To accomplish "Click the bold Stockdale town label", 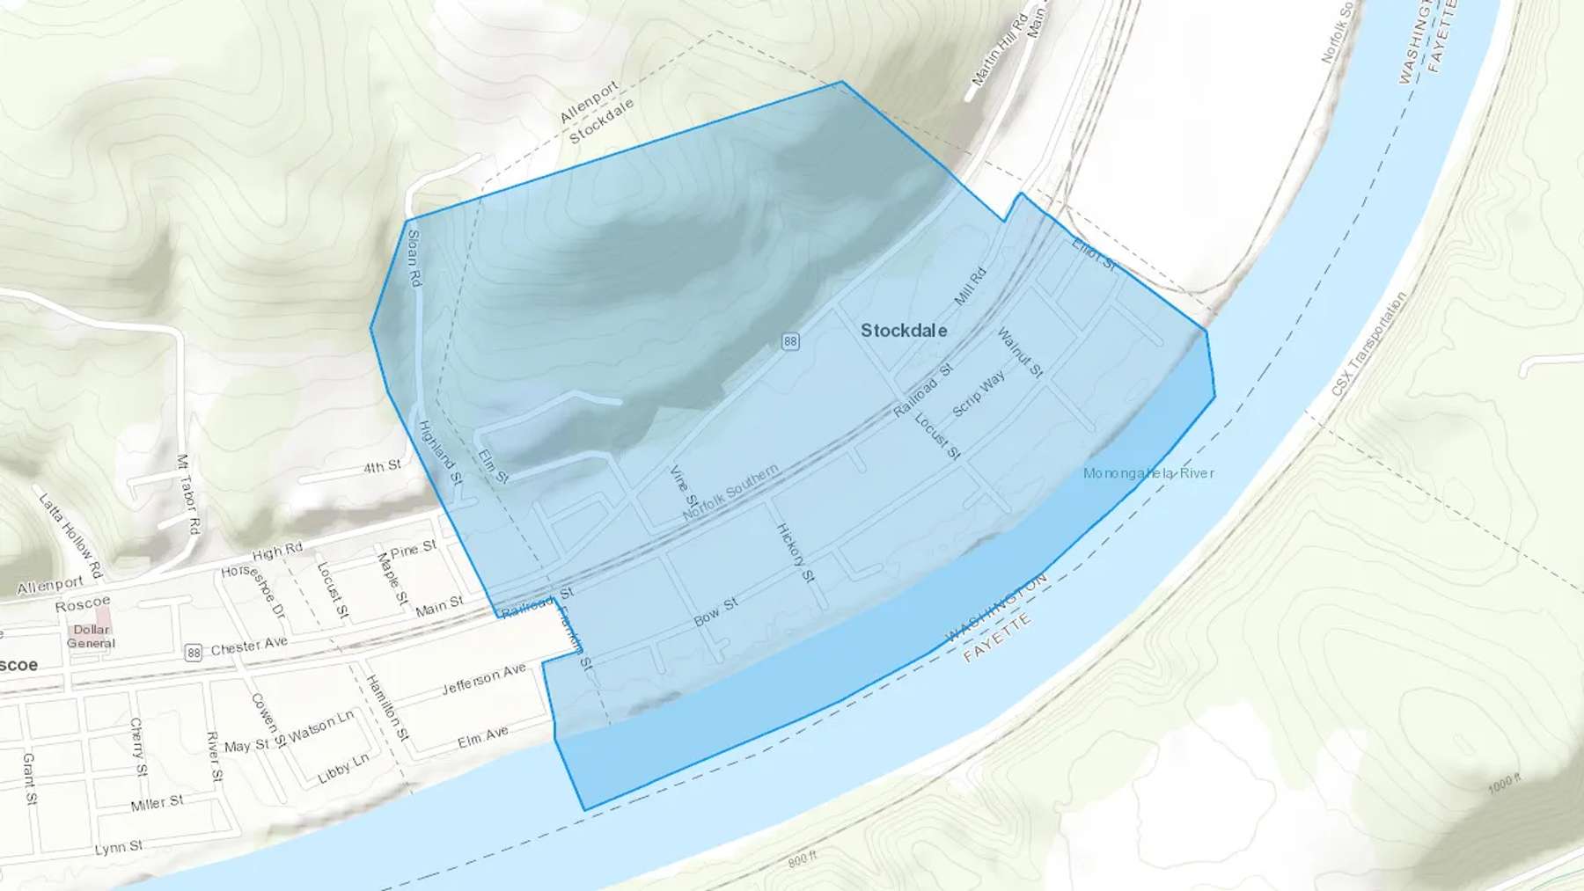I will pos(904,331).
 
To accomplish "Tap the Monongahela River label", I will pos(1148,473).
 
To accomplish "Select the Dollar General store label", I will pos(92,636).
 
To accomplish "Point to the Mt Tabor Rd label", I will pos(188,494).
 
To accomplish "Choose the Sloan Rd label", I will pos(414,258).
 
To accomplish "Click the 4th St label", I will pos(382,466).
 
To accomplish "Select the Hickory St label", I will pos(795,552).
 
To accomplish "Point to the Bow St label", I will pos(715,612).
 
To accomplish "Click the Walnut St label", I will pos(1020,353).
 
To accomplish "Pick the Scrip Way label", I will pos(979,393).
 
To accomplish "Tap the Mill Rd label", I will pos(971,287).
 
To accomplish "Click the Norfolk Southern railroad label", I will pos(730,492).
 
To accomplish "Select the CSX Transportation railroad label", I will pos(1368,344).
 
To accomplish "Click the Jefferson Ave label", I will pos(483,679).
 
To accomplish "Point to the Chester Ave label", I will pos(249,646).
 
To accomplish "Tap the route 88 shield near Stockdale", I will pos(790,341).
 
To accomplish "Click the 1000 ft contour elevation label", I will pos(1505,783).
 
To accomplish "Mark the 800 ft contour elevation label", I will pos(803,858).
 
